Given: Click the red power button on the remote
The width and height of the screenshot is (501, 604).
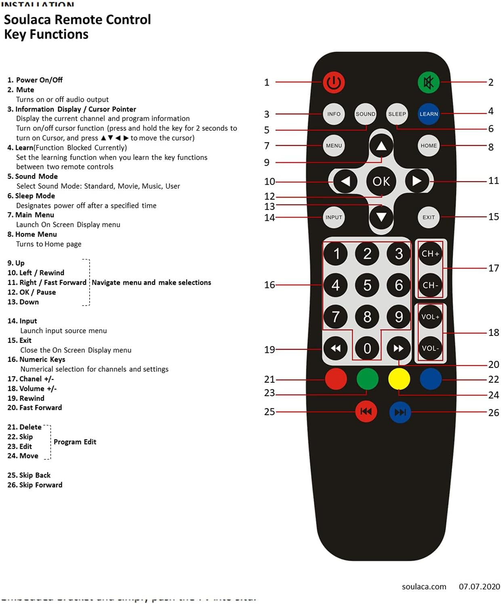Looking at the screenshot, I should [x=333, y=82].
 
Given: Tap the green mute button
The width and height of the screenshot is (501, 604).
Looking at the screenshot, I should [x=428, y=82].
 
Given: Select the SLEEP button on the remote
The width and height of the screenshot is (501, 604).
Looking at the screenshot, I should [x=397, y=114].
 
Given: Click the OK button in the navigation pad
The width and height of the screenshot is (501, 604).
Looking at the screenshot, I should [x=381, y=181].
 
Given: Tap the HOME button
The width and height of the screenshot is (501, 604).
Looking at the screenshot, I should [x=428, y=146].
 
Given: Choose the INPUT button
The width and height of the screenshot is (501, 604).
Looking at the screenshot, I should [x=334, y=217].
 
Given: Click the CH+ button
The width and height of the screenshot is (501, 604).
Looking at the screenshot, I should [x=430, y=253].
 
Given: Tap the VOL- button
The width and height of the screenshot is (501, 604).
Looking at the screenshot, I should [x=430, y=348].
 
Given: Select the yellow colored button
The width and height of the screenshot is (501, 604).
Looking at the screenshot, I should [x=399, y=379].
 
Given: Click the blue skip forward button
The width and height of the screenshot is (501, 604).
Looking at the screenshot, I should [x=400, y=412].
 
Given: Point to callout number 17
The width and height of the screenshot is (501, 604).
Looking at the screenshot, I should [x=493, y=268].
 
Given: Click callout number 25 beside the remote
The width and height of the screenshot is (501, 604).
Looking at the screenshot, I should [x=269, y=412].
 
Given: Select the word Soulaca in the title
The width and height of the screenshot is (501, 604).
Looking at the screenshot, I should [x=27, y=19].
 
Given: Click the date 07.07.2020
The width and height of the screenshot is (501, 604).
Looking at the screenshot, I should [x=479, y=586].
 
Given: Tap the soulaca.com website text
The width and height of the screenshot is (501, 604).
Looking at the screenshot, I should [x=424, y=586].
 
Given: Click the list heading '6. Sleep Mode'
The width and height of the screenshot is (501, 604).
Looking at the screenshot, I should [x=31, y=196].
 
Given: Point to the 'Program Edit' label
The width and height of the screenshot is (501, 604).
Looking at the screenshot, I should [x=75, y=441].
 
